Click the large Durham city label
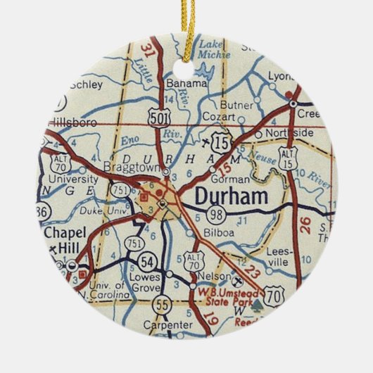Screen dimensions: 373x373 pos(231,196)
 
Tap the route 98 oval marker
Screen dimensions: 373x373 pos(215,214)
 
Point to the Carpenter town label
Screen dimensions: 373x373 pos(166,324)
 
